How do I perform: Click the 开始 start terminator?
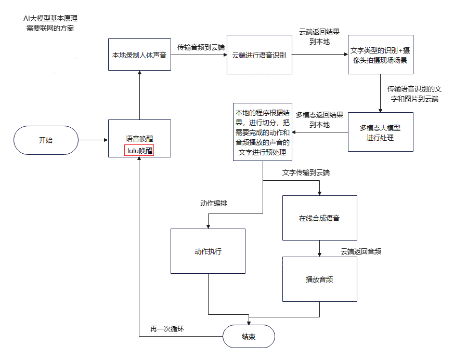click(x=46, y=140)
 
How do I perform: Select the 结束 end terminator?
click(x=249, y=337)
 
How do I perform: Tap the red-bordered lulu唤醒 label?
click(x=139, y=151)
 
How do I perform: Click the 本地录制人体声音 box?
click(x=139, y=55)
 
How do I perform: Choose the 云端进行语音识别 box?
click(x=259, y=55)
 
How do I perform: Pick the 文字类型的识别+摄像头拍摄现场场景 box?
click(x=380, y=55)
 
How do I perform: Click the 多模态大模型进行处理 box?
click(x=380, y=132)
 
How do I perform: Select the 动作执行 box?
click(x=208, y=251)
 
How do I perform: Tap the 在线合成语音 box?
click(x=319, y=218)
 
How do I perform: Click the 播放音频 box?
click(x=319, y=279)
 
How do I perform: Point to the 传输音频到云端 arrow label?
click(x=201, y=47)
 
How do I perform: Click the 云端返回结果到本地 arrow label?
click(x=319, y=36)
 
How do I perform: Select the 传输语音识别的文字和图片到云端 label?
click(x=414, y=94)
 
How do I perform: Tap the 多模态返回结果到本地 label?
click(x=319, y=119)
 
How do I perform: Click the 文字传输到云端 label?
click(x=306, y=172)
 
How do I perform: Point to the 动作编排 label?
click(x=214, y=203)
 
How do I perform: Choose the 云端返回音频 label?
click(x=361, y=251)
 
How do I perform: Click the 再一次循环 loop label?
click(x=167, y=329)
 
